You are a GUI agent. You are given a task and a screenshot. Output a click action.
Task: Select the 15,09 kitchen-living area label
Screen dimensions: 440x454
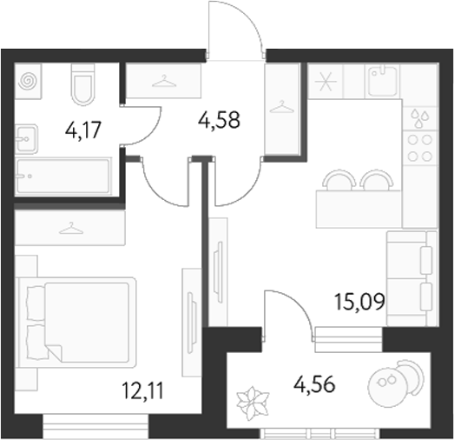(359, 303)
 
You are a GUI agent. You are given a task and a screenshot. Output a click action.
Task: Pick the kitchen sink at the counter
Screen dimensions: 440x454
(382, 81)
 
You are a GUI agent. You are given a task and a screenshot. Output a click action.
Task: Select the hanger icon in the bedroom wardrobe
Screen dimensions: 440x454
(67, 230)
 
